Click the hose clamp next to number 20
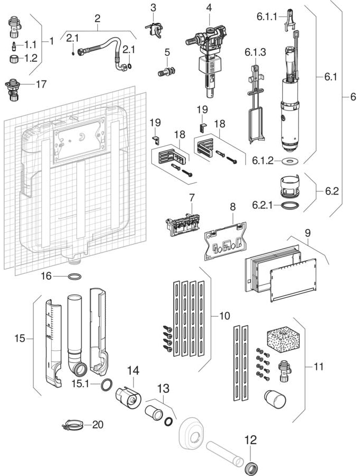pyautogui.click(x=73, y=424)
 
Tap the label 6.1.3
pyautogui.click(x=255, y=53)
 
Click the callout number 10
pyautogui.click(x=224, y=316)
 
